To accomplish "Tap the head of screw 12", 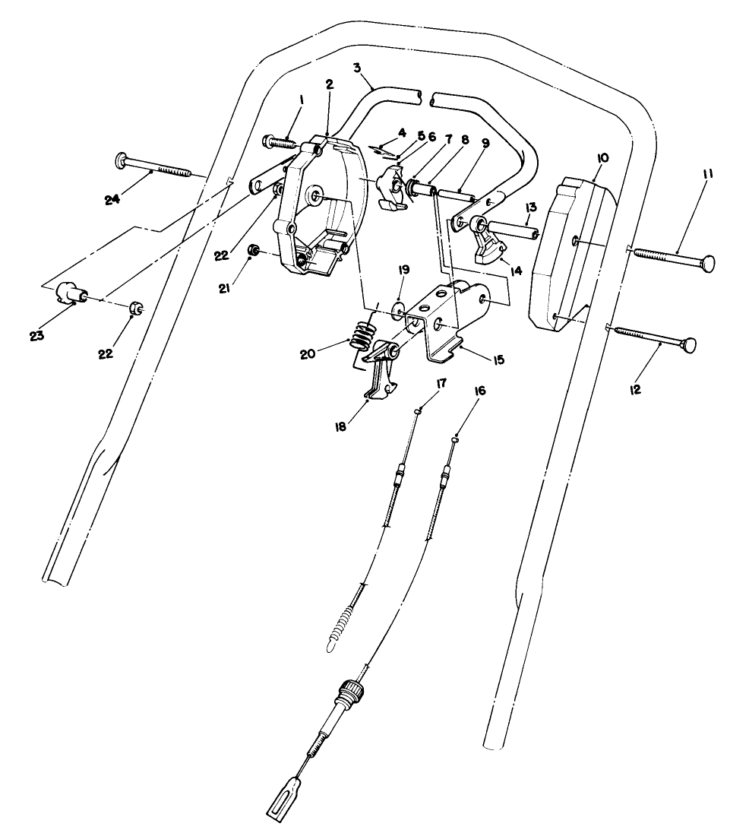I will point(690,346).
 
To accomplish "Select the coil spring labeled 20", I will point(366,333).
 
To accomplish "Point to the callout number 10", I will point(603,157).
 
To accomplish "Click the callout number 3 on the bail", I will point(358,68).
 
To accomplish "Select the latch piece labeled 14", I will point(488,250).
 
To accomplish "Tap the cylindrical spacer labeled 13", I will point(514,226).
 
